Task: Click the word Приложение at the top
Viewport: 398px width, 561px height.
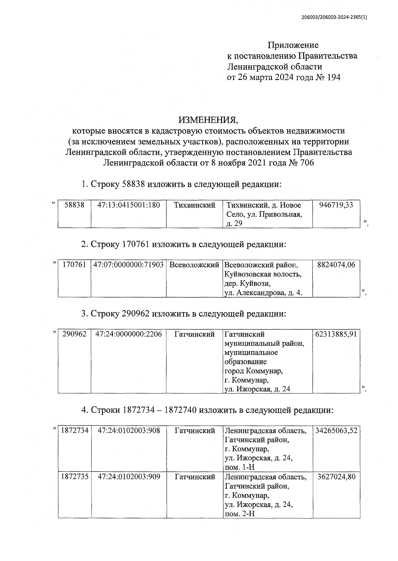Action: [x=293, y=45]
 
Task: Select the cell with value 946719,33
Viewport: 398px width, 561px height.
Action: [x=336, y=205]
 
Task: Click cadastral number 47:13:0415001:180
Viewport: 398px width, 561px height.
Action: [x=128, y=205]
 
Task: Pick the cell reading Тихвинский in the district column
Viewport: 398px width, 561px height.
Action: [x=195, y=205]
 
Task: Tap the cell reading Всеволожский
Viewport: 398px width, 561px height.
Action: [x=194, y=265]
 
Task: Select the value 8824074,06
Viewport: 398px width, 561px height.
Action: [x=336, y=265]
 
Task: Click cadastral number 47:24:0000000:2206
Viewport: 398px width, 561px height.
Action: [x=128, y=334]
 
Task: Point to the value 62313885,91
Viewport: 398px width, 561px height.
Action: [x=336, y=334]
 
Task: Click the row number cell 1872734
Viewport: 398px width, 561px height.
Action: [x=75, y=431]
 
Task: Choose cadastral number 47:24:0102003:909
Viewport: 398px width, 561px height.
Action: [x=128, y=477]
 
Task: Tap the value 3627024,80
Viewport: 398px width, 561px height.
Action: [x=336, y=477]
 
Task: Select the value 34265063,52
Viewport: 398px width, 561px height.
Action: [x=336, y=431]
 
